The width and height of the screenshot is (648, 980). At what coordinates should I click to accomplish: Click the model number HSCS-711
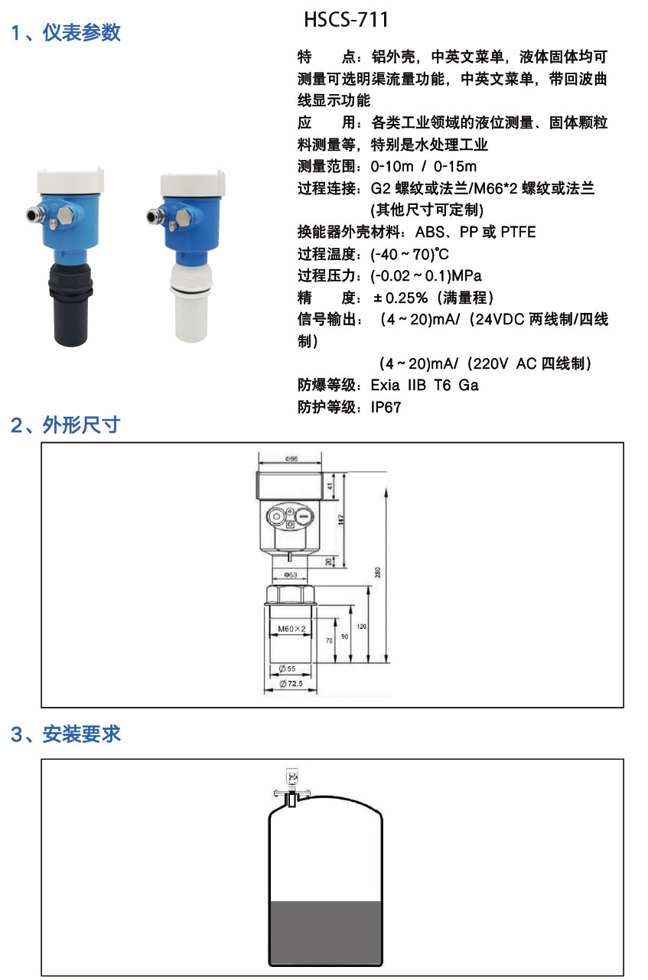[x=347, y=19]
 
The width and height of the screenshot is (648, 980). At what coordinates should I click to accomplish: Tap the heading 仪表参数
[x=81, y=33]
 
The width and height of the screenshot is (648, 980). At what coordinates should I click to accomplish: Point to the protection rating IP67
[x=386, y=408]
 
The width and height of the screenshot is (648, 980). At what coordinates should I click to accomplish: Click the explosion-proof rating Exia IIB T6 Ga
[x=424, y=386]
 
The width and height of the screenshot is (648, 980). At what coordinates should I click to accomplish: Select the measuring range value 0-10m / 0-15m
[x=423, y=167]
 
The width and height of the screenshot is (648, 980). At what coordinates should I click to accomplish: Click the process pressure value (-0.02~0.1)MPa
[x=426, y=276]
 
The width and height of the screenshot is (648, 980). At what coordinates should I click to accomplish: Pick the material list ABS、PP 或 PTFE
[x=475, y=233]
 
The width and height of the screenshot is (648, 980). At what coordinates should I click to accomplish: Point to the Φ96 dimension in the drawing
[x=291, y=459]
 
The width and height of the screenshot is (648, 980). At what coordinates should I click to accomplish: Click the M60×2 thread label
[x=291, y=629]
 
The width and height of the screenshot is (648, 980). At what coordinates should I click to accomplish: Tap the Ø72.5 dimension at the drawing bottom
[x=291, y=683]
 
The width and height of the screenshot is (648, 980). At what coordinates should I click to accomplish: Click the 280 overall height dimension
[x=376, y=573]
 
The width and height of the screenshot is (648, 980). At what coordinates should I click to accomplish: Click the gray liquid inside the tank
[x=325, y=933]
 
